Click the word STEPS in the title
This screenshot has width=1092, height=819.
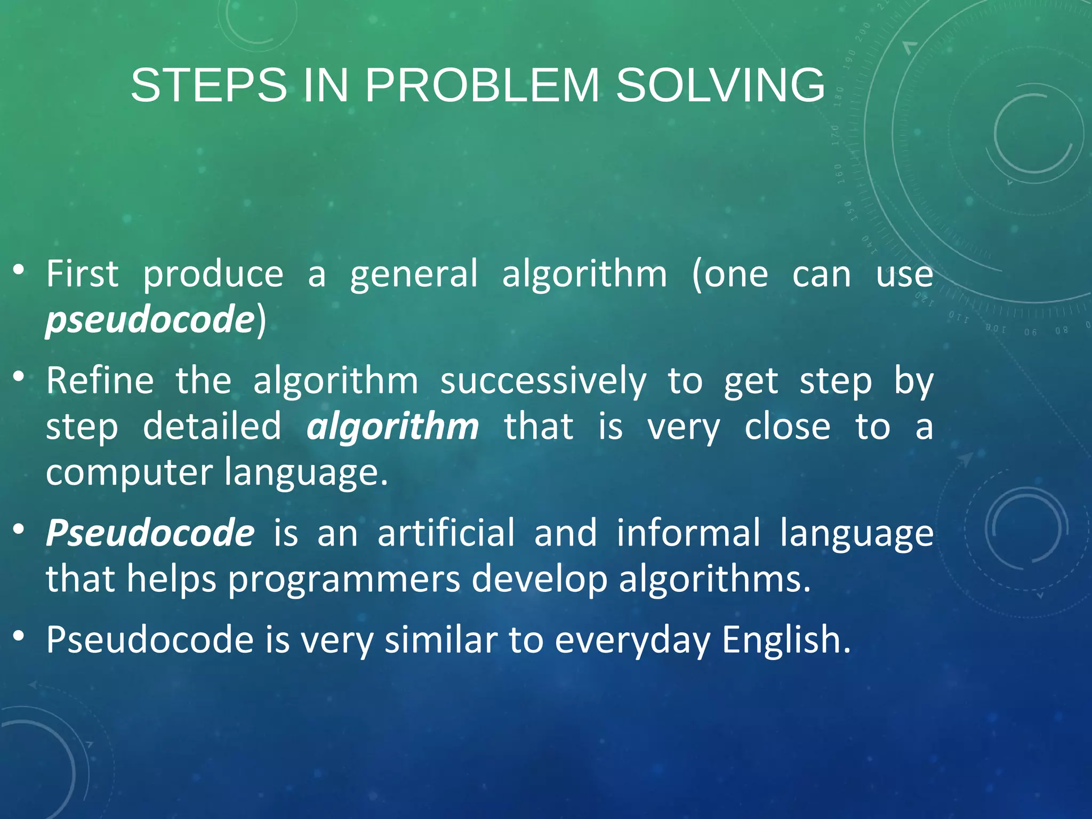click(x=208, y=85)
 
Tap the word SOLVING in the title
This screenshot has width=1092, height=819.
click(x=720, y=85)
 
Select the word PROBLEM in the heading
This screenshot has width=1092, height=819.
click(x=482, y=85)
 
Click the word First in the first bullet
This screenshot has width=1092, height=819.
click(x=82, y=274)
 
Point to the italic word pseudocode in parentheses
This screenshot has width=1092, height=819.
click(x=149, y=320)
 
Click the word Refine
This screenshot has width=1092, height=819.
click(x=100, y=381)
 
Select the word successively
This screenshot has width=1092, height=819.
click(x=543, y=382)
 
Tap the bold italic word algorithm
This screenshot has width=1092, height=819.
click(x=392, y=427)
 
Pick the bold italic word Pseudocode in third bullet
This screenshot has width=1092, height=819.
click(x=150, y=533)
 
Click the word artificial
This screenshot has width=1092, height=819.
click(x=446, y=533)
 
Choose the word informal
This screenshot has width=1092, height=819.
click(x=688, y=533)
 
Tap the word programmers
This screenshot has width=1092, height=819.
click(x=344, y=579)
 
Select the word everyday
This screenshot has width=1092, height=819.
click(x=632, y=640)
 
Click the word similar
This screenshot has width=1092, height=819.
click(x=441, y=639)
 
